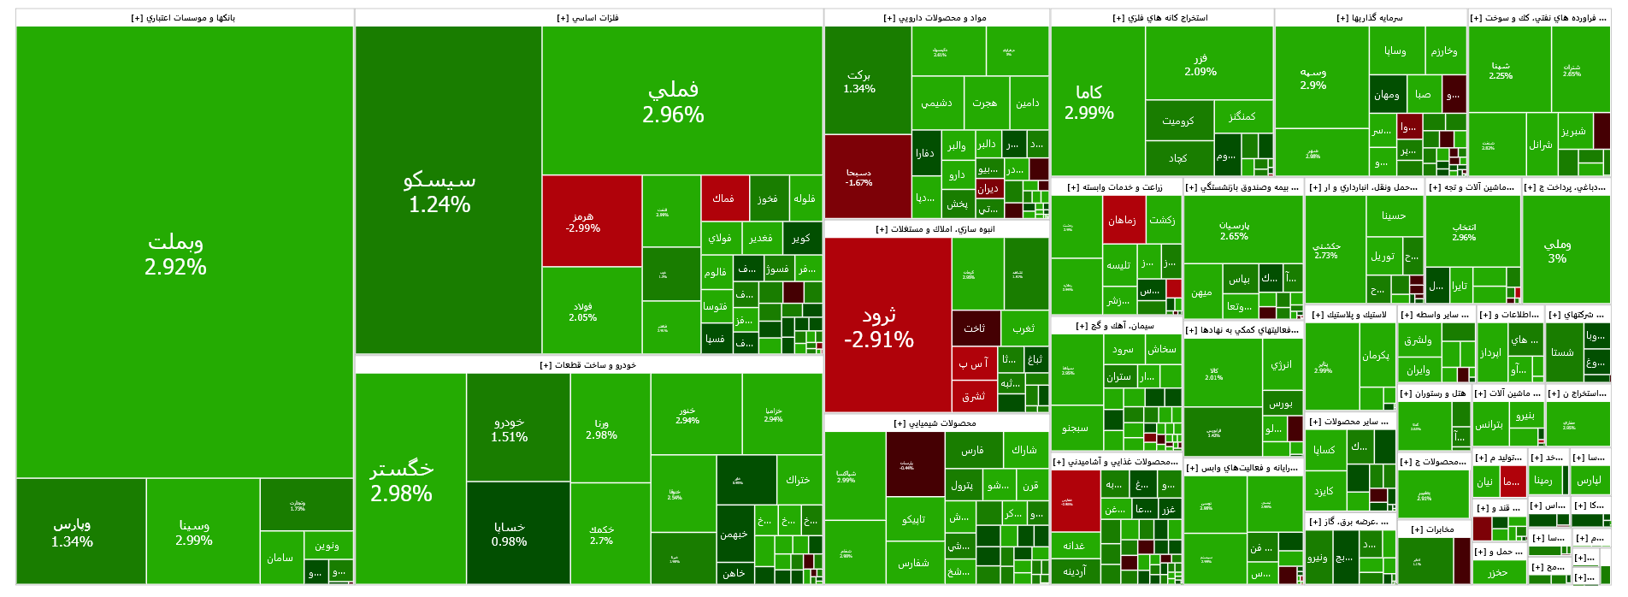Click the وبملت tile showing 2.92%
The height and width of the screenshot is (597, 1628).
[x=175, y=254]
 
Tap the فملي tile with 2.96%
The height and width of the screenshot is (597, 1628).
[x=673, y=101]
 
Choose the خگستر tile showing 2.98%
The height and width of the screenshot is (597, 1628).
[x=402, y=481]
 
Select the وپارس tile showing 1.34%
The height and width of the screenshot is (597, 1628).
[x=73, y=531]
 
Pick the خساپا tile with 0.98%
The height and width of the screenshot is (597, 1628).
[x=510, y=533]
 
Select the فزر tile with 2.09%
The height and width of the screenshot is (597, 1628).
[x=1200, y=64]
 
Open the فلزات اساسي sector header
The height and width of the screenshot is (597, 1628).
[x=588, y=18]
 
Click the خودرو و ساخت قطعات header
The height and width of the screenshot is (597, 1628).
[x=588, y=365]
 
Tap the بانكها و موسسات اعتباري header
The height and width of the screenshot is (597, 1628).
[x=184, y=18]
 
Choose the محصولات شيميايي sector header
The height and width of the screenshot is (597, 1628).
[x=935, y=423]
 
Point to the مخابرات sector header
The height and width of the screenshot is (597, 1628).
[x=1434, y=529]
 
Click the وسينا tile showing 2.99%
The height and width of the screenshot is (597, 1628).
[x=194, y=532]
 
